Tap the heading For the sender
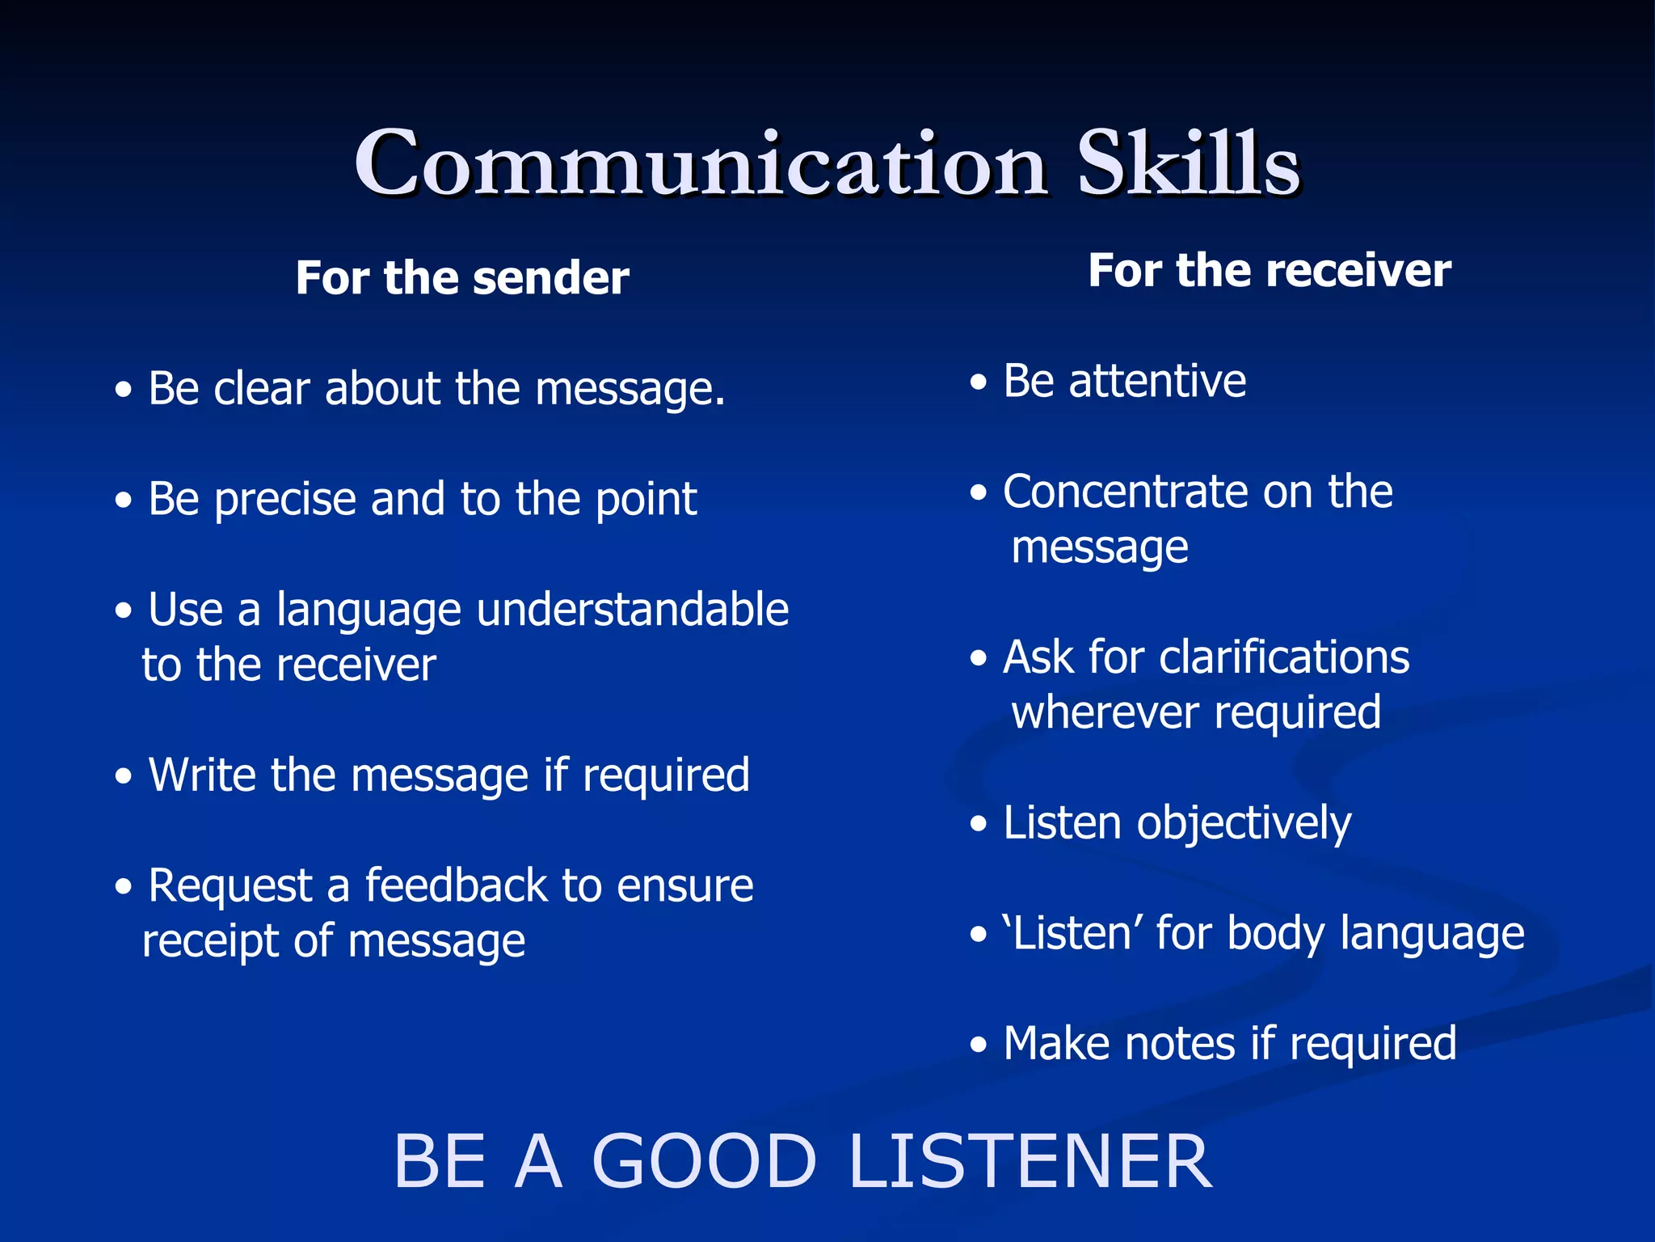[x=462, y=278]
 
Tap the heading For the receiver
[x=1269, y=270]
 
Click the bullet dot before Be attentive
[x=979, y=382]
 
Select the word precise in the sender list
[x=284, y=499]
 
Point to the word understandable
[x=632, y=610]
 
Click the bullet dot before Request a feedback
[x=123, y=887]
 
